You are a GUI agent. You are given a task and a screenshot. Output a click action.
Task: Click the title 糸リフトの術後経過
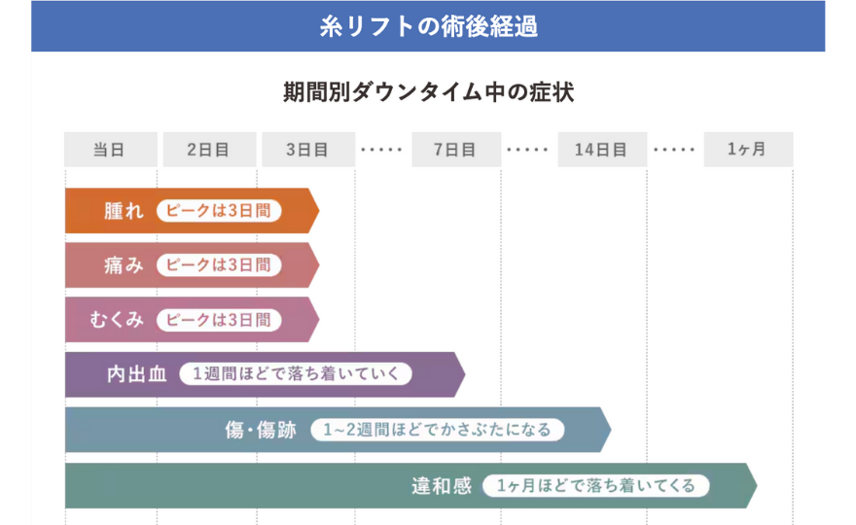coord(428,26)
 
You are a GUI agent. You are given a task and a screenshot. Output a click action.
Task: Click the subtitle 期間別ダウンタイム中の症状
coord(428,93)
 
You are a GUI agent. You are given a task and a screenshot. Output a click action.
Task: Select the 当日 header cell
coord(110,150)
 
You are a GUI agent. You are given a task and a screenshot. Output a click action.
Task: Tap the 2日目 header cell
coord(208,150)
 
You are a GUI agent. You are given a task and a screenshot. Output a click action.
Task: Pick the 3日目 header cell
coord(306,150)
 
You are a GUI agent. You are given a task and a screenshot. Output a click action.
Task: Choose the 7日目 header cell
coord(454,150)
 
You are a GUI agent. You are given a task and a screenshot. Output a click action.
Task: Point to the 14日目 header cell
coord(600,150)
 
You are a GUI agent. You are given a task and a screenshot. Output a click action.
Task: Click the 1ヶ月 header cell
coord(747,150)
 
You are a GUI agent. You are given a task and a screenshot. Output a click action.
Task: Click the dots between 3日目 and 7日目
coord(380,150)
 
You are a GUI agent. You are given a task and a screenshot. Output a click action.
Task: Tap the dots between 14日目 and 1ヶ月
coord(674,150)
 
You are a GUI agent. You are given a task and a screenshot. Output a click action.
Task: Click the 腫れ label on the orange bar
coord(124,211)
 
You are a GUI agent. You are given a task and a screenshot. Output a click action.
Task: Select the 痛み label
coord(124,265)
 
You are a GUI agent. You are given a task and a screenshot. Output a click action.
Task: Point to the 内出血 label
coord(137,374)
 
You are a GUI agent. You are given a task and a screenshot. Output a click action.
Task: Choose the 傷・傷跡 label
coord(260,430)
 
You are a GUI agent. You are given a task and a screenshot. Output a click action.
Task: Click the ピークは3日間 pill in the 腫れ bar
coord(219,211)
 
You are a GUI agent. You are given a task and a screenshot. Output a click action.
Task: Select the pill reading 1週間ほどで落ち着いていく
coord(296,374)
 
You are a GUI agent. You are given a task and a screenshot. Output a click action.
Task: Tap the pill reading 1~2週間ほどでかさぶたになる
coord(437,430)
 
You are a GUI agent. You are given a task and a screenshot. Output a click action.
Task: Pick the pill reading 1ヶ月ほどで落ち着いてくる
coord(595,485)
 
